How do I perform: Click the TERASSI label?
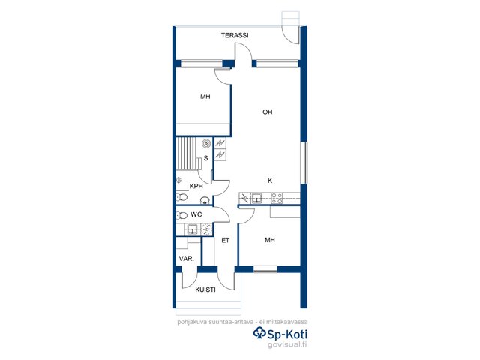point(235,35)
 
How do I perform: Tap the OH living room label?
point(268,112)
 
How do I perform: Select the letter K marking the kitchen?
point(270,181)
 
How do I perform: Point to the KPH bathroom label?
point(196,186)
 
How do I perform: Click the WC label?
point(196,214)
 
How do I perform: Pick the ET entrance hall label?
point(226,241)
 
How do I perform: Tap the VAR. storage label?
point(187,259)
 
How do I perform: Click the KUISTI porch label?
point(205,289)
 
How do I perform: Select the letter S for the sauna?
point(206,158)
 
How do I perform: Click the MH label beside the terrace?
point(205,97)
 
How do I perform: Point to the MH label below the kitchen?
point(270,240)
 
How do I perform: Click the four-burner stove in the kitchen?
point(277,198)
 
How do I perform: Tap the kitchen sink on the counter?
point(256,198)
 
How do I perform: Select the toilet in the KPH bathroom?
point(181,197)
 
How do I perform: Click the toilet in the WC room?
point(181,216)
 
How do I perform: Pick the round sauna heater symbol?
point(207,143)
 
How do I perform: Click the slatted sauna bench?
point(187,154)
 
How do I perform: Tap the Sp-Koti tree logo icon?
point(260,333)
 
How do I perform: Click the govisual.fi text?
point(287,344)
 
